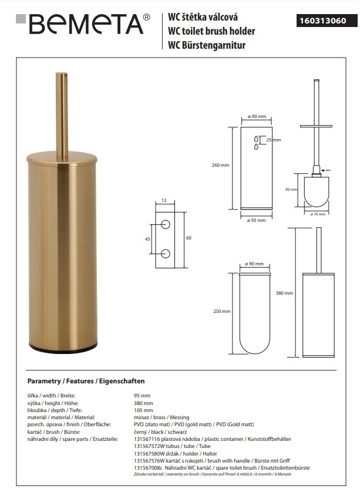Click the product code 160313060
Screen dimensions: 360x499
pyautogui.click(x=323, y=21)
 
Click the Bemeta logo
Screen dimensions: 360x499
pyautogui.click(x=83, y=24)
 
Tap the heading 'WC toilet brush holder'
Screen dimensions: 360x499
pyautogui.click(x=211, y=31)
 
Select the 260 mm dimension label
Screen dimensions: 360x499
pyautogui.click(x=220, y=165)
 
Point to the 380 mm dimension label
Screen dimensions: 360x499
pyautogui.click(x=284, y=293)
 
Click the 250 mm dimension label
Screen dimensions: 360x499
pyautogui.click(x=222, y=311)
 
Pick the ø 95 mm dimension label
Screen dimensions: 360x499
pyautogui.click(x=256, y=220)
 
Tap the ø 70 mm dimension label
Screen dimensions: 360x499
pyautogui.click(x=318, y=214)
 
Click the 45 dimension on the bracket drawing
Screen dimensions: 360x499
pyautogui.click(x=147, y=239)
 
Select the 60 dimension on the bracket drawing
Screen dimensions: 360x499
pyautogui.click(x=189, y=238)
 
